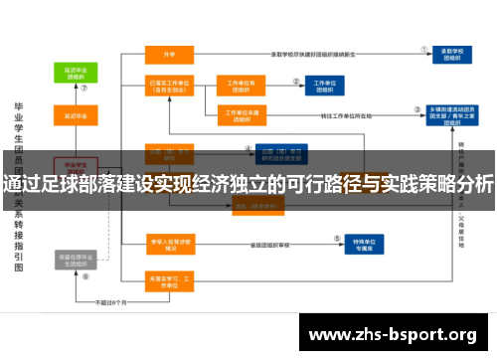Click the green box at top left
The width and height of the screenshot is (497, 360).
(x=73, y=73)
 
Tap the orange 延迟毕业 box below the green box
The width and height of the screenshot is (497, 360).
(x=73, y=115)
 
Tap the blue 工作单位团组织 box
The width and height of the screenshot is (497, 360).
(x=324, y=87)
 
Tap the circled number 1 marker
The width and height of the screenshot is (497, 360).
(x=424, y=45)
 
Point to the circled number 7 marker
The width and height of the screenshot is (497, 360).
(x=84, y=87)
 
